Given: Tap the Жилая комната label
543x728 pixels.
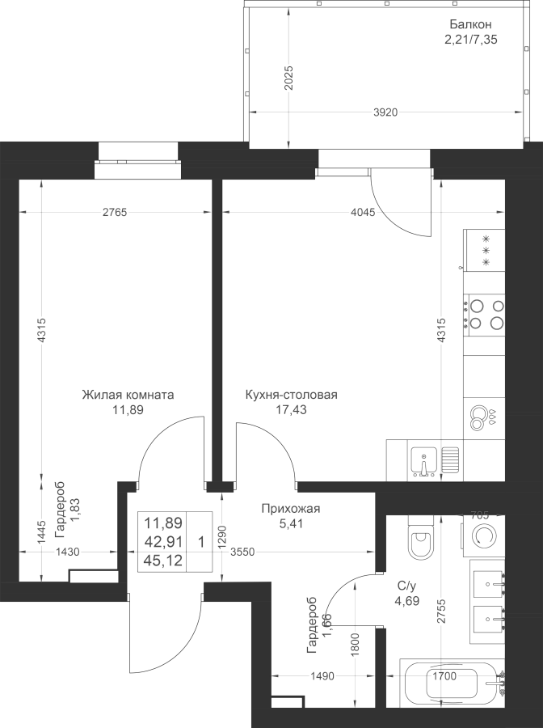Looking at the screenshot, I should coord(128,396).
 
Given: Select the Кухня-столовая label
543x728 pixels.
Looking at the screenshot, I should coord(291,396).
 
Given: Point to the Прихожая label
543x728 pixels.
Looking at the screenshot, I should coord(291,509).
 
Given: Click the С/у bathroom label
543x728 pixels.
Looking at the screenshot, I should coord(406,586).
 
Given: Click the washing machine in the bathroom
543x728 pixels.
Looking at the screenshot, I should coord(486,536).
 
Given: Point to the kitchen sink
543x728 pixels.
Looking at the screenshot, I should coord(423,460).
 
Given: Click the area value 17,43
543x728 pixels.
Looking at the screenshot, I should coord(291,410).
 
